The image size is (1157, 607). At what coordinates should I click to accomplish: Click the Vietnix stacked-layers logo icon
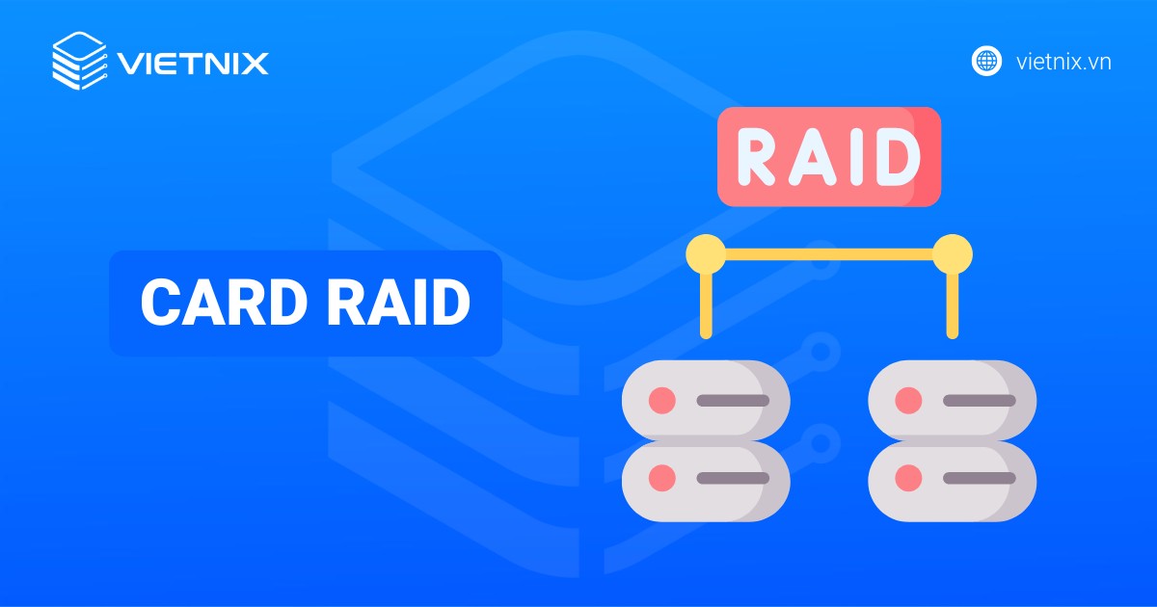(79, 62)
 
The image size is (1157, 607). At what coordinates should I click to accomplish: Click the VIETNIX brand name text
(192, 64)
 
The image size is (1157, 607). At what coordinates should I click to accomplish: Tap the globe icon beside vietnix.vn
(986, 61)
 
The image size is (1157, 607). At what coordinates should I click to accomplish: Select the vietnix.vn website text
(1064, 62)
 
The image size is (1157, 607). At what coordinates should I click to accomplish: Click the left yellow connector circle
(706, 254)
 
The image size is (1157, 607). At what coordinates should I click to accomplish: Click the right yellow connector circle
(953, 254)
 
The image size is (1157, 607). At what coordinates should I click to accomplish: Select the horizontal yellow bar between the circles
(829, 255)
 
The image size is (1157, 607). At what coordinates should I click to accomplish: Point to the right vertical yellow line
(953, 303)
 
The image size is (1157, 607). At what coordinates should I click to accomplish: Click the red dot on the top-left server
(661, 400)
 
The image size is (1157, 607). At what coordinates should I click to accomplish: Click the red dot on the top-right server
(907, 400)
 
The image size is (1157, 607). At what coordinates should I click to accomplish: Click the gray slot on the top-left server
(733, 400)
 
